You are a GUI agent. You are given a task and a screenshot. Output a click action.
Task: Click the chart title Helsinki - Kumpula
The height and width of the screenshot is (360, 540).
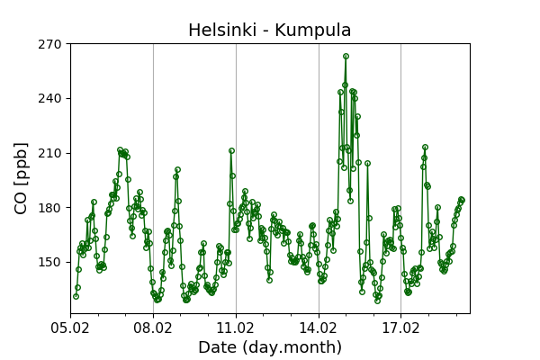coord(269,31)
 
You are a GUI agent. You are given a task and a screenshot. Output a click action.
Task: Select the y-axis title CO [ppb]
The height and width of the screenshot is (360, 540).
coord(22,177)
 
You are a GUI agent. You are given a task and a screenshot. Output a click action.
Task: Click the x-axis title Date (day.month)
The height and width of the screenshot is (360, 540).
coord(269,347)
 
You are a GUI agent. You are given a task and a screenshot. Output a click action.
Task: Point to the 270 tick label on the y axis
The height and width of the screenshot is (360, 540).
coord(50,44)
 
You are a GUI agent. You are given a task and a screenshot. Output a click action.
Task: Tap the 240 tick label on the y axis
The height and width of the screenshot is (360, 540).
coord(50,98)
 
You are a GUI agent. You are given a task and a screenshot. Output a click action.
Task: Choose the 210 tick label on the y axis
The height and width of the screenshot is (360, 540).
coord(50,153)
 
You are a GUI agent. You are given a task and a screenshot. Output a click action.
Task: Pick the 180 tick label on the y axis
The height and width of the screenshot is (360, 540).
coord(50,208)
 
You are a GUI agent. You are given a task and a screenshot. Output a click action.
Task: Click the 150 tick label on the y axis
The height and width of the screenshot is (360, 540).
coord(50,263)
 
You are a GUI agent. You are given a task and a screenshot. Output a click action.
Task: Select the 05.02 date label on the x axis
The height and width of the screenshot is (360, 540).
coord(70,326)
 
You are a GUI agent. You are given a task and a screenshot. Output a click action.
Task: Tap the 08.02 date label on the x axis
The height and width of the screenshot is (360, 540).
coord(153,326)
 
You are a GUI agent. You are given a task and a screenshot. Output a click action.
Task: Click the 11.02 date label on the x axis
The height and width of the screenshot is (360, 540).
coord(236,326)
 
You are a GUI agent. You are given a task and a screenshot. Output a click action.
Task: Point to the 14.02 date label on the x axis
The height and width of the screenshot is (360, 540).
coord(319,326)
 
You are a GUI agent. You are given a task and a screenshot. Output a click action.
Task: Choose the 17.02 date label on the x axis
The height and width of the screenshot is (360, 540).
coord(400,326)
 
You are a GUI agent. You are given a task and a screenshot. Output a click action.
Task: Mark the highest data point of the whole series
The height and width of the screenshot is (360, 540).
coord(346,56)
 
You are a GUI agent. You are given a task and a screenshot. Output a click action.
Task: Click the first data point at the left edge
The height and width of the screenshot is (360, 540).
coord(76,296)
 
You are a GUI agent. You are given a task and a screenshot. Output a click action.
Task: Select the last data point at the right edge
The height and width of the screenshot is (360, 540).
coord(462,200)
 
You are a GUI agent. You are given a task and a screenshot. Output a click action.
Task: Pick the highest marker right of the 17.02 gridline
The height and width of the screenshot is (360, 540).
coord(425,147)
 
